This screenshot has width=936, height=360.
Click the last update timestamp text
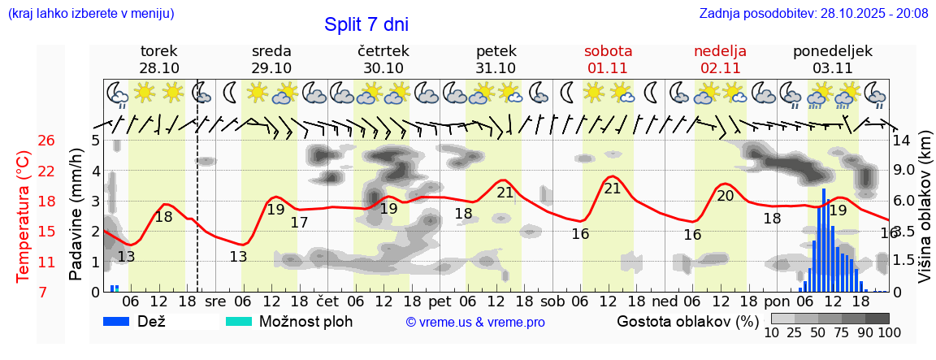(813, 14)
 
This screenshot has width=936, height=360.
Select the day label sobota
(608, 51)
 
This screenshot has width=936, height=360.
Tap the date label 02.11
(720, 68)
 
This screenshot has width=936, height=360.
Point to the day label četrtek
(383, 51)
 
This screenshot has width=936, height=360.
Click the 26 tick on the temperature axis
(46, 141)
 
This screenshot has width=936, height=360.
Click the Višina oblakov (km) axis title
(925, 215)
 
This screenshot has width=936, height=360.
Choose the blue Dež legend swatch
(121, 321)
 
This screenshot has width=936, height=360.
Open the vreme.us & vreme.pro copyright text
(475, 322)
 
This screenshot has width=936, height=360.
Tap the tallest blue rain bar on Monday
(824, 240)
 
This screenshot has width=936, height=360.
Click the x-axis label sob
(552, 301)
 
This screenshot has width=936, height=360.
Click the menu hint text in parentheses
(90, 14)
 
